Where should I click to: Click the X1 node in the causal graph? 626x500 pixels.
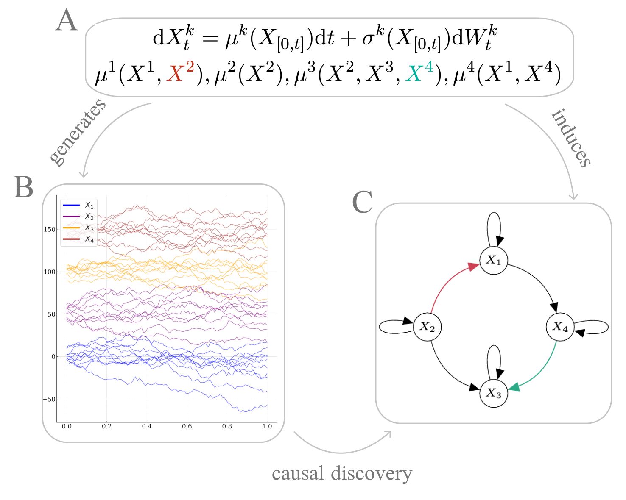point(493,260)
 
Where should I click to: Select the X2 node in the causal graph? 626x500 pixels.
point(427,327)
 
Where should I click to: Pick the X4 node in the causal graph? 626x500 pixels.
point(560,327)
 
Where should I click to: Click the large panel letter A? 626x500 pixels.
point(67,21)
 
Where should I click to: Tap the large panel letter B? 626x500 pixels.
point(23,187)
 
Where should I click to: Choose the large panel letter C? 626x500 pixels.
point(362,202)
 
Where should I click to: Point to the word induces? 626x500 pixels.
point(571,138)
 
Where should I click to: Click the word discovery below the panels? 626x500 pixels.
point(372,474)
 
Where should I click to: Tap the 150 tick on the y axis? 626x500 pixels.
point(50,229)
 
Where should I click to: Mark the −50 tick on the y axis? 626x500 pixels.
point(49,399)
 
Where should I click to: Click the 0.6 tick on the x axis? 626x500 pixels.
point(187,426)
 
